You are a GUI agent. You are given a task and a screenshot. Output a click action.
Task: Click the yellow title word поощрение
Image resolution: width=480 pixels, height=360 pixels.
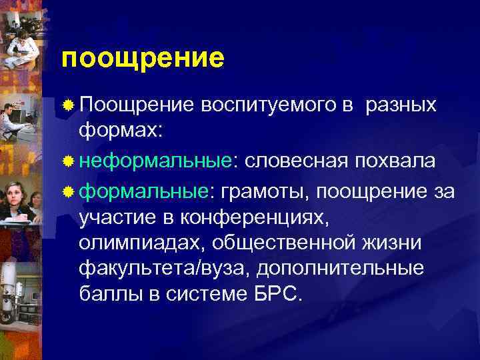[x=143, y=59]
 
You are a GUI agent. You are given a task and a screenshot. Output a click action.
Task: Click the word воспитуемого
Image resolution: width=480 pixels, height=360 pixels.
[x=275, y=107]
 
